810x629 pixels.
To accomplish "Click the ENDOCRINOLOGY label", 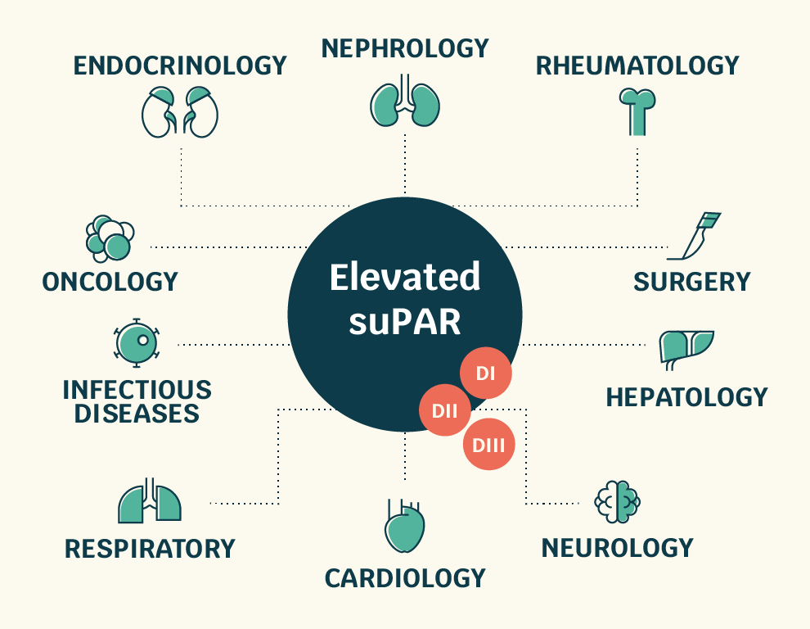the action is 180,66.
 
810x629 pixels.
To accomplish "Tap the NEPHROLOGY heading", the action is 405,48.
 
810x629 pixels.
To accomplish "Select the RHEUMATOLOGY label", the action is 637,66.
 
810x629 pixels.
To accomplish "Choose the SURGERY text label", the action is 691,283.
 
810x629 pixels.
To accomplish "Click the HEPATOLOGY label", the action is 686,398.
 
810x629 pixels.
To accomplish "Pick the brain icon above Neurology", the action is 617,500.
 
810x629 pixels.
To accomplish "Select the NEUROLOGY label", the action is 617,547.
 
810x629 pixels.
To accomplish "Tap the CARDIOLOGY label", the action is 405,579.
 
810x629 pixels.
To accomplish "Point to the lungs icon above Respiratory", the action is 149,501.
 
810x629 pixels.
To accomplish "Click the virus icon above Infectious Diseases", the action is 136,343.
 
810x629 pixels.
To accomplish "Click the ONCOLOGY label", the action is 110,283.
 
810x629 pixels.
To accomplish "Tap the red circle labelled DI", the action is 486,374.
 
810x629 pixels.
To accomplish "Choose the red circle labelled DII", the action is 445,410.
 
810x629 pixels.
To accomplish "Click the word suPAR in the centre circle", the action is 404,322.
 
